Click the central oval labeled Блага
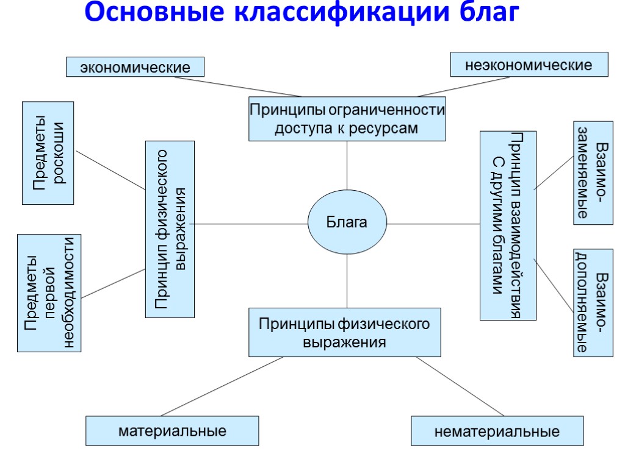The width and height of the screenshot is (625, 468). (347, 222)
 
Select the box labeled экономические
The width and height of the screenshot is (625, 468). (135, 67)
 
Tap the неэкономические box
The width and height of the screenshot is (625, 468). (529, 65)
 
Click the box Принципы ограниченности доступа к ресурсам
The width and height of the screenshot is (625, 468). (347, 119)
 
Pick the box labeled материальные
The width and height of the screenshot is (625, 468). (172, 431)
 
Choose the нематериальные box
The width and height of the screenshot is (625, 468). (497, 431)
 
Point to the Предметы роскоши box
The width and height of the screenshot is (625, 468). (48, 153)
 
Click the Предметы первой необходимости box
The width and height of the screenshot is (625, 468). (49, 293)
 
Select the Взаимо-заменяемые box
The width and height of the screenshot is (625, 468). (593, 173)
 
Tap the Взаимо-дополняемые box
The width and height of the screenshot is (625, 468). (593, 303)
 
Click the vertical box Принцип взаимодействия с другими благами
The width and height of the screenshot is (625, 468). (508, 225)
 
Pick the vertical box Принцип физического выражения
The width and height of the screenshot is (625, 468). (170, 229)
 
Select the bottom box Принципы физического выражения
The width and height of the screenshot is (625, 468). (345, 332)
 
